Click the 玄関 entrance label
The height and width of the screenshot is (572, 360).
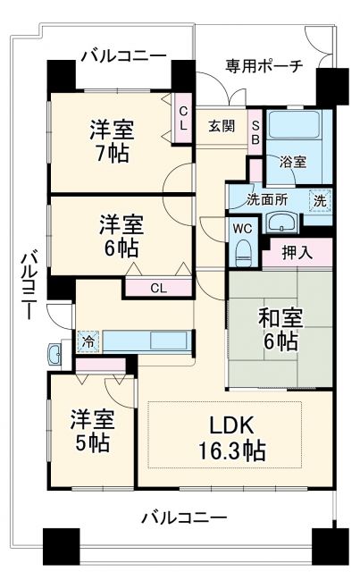point(222,126)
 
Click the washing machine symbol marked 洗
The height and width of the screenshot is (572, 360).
point(318,200)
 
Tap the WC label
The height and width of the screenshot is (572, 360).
point(242,229)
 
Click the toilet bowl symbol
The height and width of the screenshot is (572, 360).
point(243,253)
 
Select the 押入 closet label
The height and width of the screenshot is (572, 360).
point(297,253)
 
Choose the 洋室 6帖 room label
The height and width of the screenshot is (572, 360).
point(120,235)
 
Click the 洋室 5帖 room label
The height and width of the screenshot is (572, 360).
point(92,430)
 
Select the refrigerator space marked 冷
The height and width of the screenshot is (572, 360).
point(88,341)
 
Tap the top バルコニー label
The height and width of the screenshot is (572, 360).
point(123,55)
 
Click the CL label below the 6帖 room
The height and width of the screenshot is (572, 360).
point(157,288)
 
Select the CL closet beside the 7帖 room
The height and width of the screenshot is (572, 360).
point(183,117)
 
